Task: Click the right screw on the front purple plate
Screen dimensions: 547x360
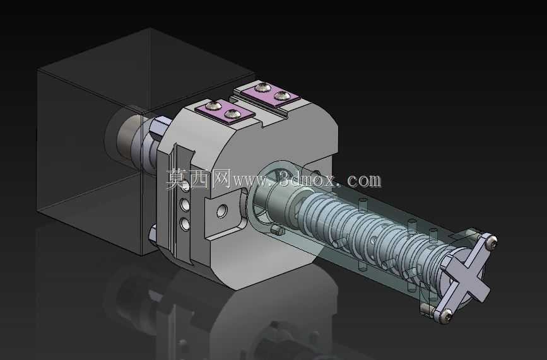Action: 231,113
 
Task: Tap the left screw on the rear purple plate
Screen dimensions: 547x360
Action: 262,87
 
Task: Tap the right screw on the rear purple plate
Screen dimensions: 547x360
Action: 281,95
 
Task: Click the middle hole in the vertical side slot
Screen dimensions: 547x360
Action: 185,205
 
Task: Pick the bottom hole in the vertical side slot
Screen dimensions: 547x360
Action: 185,223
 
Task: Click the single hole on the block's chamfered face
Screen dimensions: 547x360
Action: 222,211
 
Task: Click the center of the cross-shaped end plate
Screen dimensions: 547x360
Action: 467,276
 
